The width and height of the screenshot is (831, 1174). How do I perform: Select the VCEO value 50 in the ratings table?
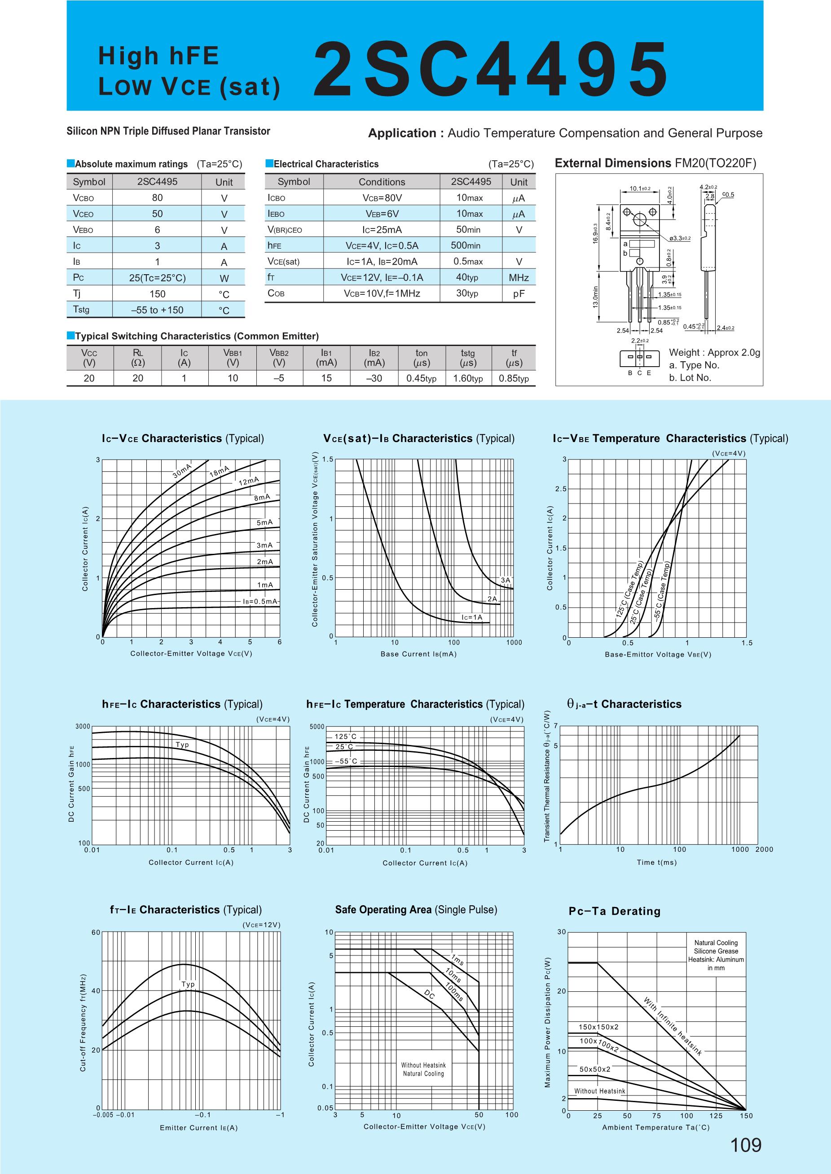pyautogui.click(x=157, y=214)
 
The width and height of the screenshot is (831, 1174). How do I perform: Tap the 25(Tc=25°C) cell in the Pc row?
pyautogui.click(x=157, y=278)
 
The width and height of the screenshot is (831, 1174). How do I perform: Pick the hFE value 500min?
pyautogui.click(x=466, y=245)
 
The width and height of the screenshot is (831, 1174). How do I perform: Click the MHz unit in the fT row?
pyautogui.click(x=519, y=278)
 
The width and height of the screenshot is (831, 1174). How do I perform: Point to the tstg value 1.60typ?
pyautogui.click(x=468, y=379)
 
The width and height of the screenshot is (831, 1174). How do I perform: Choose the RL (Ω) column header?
pyautogui.click(x=138, y=358)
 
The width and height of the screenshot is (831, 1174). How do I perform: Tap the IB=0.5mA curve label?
pyautogui.click(x=260, y=601)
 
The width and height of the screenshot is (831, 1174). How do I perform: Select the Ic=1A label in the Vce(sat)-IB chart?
pyautogui.click(x=472, y=618)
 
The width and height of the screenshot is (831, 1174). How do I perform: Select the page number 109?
pyautogui.click(x=746, y=1145)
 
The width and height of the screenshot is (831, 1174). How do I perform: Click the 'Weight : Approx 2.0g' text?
pyautogui.click(x=714, y=353)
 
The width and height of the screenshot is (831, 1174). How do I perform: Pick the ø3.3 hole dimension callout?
pyautogui.click(x=680, y=238)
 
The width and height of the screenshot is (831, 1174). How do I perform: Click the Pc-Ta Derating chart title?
pyautogui.click(x=615, y=911)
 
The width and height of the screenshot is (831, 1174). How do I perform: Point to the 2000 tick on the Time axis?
pyautogui.click(x=764, y=849)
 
